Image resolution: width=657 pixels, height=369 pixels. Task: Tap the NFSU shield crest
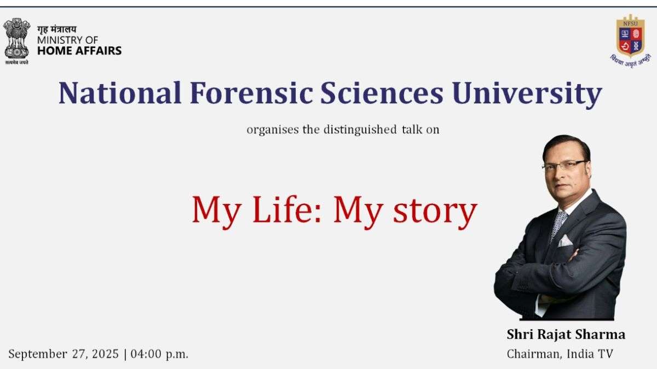pyautogui.click(x=630, y=35)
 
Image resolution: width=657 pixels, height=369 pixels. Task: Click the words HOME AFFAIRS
pyautogui.click(x=79, y=51)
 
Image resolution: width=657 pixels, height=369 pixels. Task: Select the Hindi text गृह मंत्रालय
pyautogui.click(x=56, y=30)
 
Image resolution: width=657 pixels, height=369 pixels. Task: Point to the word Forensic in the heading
pyautogui.click(x=251, y=93)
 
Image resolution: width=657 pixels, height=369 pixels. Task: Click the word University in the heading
pyautogui.click(x=527, y=94)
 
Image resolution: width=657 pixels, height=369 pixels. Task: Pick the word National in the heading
pyautogui.click(x=120, y=93)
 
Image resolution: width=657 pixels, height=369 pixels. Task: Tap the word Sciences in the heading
pyautogui.click(x=382, y=93)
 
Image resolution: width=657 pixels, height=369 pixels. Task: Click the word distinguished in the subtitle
pyautogui.click(x=360, y=130)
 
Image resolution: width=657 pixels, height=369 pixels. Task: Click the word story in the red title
pyautogui.click(x=435, y=213)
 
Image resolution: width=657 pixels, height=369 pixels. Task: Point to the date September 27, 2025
pyautogui.click(x=64, y=354)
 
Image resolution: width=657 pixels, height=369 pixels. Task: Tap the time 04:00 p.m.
pyautogui.click(x=159, y=354)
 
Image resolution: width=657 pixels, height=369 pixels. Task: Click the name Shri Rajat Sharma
pyautogui.click(x=566, y=335)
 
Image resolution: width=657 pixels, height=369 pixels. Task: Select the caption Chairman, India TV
pyautogui.click(x=560, y=354)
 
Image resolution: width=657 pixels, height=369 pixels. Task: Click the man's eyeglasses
pyautogui.click(x=564, y=166)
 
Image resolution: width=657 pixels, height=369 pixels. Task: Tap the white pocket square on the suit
pyautogui.click(x=564, y=241)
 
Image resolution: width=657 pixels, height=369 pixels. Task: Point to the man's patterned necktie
pyautogui.click(x=558, y=224)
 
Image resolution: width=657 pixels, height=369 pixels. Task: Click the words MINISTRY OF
pyautogui.click(x=67, y=40)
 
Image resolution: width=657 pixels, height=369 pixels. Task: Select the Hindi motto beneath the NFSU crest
pyautogui.click(x=631, y=61)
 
